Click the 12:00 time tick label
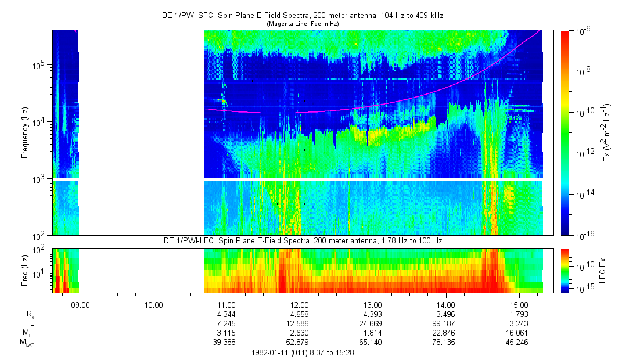(x=299, y=304)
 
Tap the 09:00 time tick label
(x=80, y=304)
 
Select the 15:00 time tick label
(x=519, y=304)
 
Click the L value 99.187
(x=445, y=323)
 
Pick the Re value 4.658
(x=299, y=314)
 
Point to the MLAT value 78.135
(x=445, y=343)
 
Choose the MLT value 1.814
(x=372, y=333)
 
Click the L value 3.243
(x=519, y=323)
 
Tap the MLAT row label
(x=27, y=343)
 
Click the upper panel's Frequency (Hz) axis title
(x=25, y=133)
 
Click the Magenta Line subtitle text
(x=303, y=24)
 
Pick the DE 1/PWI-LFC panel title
(x=297, y=240)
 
